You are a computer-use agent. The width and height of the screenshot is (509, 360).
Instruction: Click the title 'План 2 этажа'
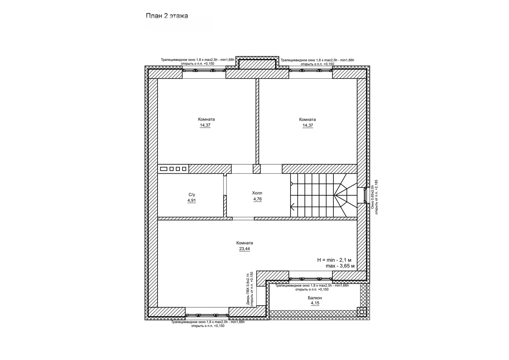167,16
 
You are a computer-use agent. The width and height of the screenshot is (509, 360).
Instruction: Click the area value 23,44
245,249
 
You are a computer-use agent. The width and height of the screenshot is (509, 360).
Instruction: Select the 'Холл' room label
257,193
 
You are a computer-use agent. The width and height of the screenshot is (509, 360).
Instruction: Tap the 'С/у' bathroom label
192,195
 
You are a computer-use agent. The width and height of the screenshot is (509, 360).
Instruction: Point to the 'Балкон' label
315,298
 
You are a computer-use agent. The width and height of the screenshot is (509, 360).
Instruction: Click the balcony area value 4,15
315,303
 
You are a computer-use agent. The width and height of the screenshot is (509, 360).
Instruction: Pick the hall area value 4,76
257,199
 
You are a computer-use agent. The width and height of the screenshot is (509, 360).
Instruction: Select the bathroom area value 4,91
192,200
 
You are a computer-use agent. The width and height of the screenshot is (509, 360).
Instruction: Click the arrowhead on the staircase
292,207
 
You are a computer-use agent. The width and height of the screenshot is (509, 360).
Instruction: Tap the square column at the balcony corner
361,312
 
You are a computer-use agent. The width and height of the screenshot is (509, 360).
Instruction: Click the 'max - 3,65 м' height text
340,266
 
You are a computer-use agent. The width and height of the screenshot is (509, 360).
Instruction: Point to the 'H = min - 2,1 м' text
334,260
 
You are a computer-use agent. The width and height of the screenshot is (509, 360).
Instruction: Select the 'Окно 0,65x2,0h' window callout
372,197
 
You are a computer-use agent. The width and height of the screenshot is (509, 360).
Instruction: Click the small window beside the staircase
365,195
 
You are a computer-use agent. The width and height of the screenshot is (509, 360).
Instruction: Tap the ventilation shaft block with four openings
173,169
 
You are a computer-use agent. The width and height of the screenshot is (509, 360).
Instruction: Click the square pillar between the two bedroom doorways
257,169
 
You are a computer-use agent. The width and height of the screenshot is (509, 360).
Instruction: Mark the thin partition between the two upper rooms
257,121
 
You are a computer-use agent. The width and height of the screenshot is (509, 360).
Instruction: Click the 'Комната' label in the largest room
245,243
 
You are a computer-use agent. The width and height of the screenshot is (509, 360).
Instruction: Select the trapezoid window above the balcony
310,279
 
